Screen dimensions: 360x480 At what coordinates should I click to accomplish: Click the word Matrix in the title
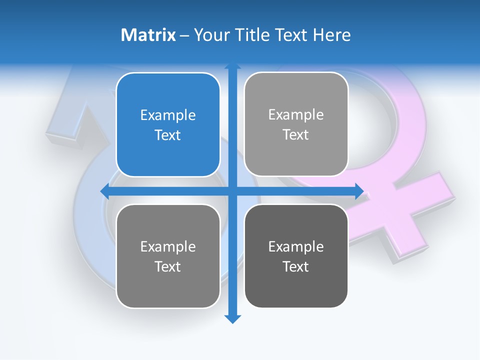(148, 35)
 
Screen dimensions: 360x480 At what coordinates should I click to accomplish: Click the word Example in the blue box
(168, 115)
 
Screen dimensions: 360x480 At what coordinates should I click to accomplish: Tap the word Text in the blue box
(168, 135)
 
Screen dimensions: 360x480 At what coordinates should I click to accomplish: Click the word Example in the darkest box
(296, 246)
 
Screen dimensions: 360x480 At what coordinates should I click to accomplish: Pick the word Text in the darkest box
(296, 266)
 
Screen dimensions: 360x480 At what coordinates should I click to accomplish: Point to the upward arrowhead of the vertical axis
(232, 65)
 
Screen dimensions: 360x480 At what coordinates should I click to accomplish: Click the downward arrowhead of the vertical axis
(232, 318)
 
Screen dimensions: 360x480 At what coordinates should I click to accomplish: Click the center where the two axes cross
(232, 191)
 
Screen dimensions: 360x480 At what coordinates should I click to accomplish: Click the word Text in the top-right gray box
(296, 134)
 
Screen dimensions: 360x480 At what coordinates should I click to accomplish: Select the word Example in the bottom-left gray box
(168, 246)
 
